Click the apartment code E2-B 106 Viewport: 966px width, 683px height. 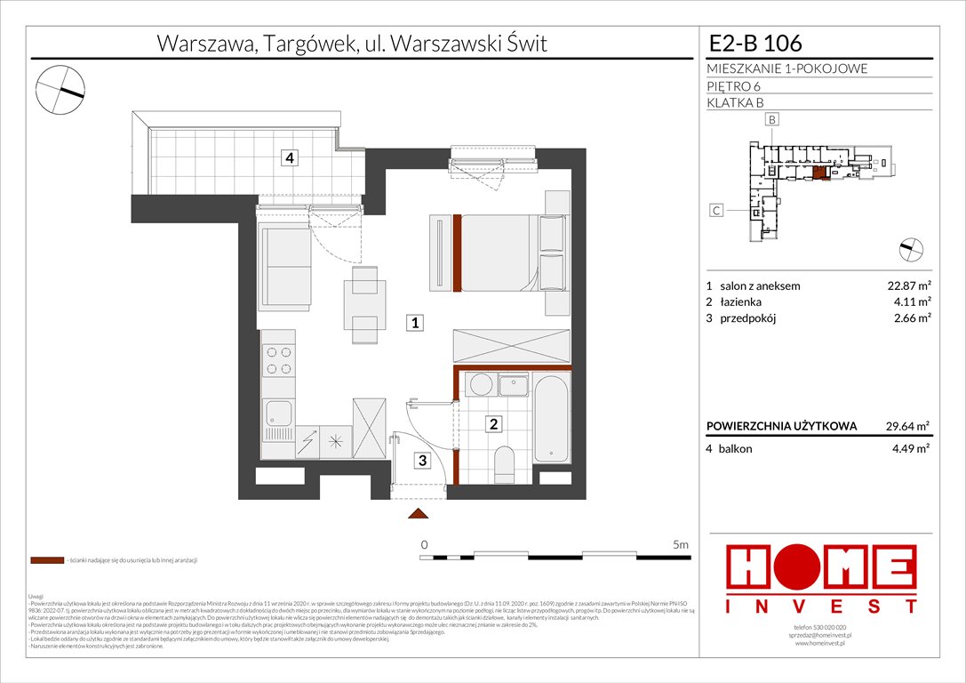pyautogui.click(x=754, y=43)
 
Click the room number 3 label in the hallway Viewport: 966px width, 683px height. pyautogui.click(x=424, y=460)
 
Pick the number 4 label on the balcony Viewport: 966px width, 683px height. pyautogui.click(x=289, y=159)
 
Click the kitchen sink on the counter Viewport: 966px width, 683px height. pyautogui.click(x=279, y=414)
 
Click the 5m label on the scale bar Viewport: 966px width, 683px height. pyautogui.click(x=682, y=543)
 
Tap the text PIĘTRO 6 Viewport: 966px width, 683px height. pyautogui.click(x=733, y=86)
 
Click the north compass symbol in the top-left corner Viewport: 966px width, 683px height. pyautogui.click(x=60, y=87)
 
